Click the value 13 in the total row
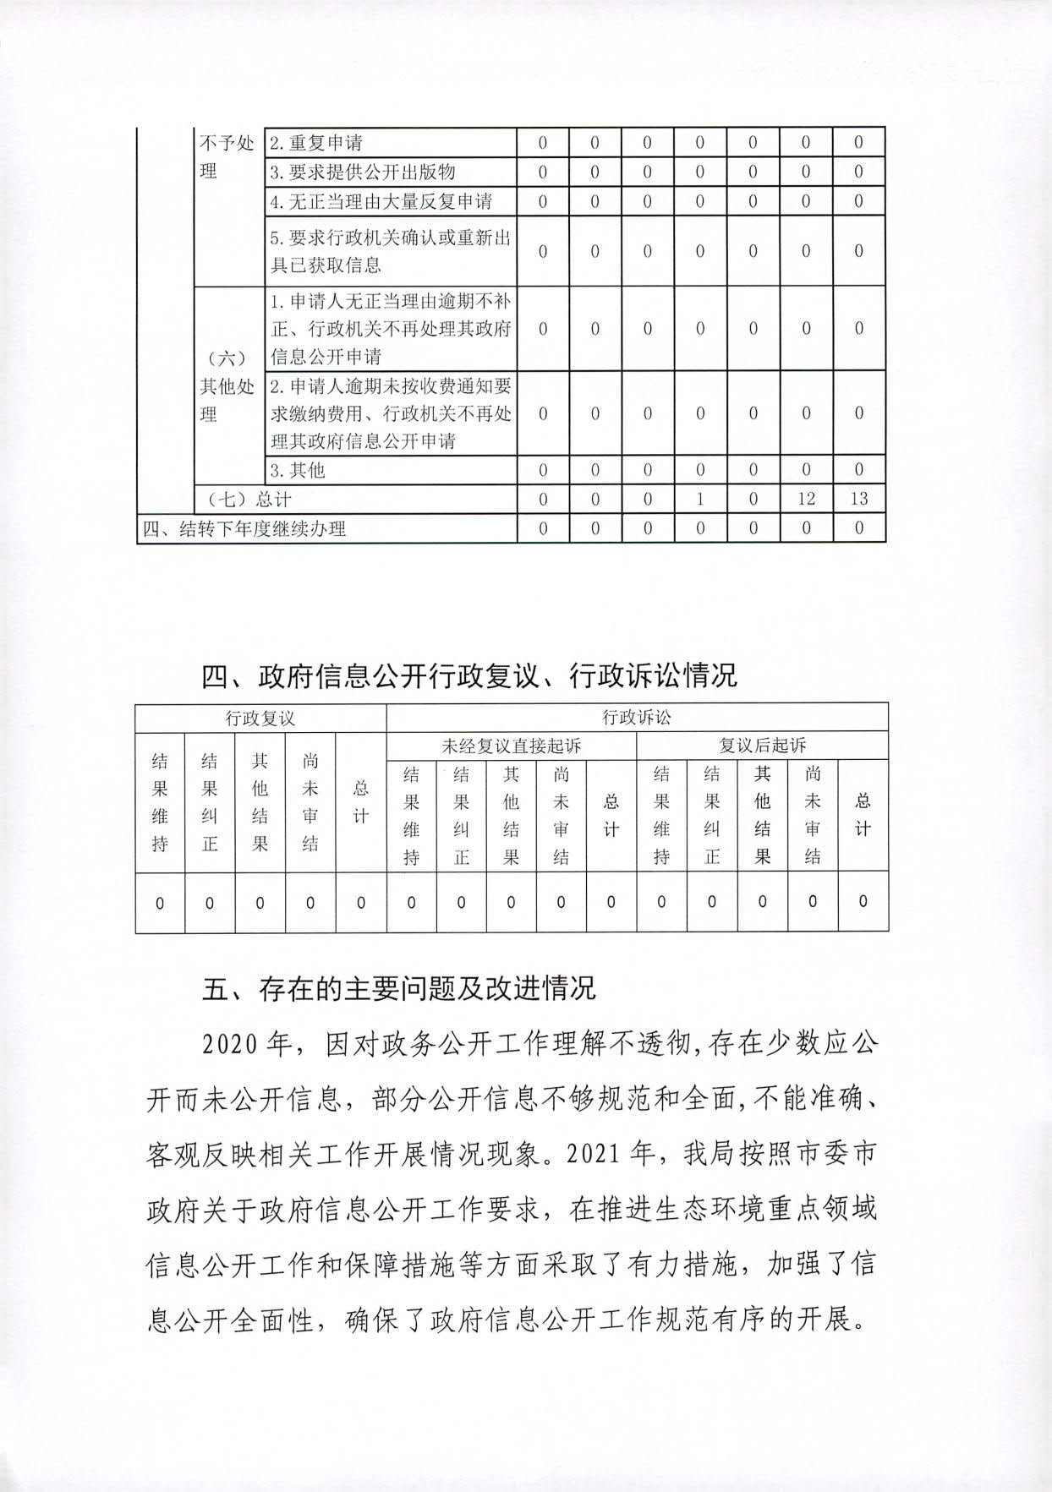(x=858, y=499)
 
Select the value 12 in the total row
(x=806, y=499)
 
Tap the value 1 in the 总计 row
(x=700, y=499)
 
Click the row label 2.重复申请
(x=316, y=143)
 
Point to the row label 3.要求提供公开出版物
(x=363, y=172)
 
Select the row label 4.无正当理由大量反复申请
(x=381, y=201)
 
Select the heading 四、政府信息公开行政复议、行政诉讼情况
(x=469, y=675)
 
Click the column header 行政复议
(x=260, y=718)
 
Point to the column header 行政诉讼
(x=637, y=717)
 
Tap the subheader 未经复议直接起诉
(x=511, y=746)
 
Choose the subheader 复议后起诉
(x=762, y=746)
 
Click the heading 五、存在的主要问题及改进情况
(x=398, y=988)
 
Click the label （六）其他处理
(x=227, y=385)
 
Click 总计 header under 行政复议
(x=361, y=801)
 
